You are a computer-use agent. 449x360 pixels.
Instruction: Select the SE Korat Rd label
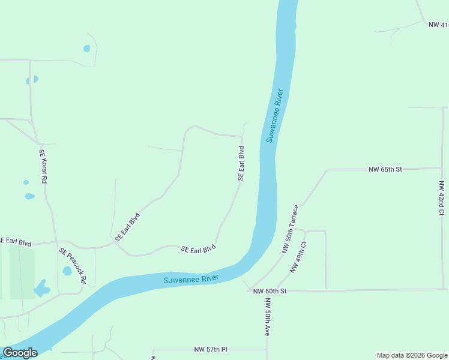43,166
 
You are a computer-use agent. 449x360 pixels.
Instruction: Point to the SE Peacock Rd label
73,265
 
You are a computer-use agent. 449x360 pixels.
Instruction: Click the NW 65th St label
385,170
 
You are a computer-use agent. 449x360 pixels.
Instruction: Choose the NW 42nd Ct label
441,197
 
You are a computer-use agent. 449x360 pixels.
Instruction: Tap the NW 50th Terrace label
290,229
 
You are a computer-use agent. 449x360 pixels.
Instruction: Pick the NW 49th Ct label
298,257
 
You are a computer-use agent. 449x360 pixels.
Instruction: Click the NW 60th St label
270,291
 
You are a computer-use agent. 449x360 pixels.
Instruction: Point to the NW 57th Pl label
209,349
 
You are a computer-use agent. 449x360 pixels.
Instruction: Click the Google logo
20,353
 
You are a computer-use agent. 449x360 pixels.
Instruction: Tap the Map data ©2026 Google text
412,355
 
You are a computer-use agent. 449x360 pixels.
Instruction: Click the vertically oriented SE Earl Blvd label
241,163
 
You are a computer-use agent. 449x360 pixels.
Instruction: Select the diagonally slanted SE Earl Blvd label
127,227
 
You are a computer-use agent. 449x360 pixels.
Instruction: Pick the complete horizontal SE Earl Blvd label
198,249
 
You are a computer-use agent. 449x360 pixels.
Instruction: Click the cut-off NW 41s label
438,25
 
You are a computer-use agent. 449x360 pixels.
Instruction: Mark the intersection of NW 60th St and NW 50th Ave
267,291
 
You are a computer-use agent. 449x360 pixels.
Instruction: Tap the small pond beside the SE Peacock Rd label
67,271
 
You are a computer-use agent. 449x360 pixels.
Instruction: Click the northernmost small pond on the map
87,48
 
